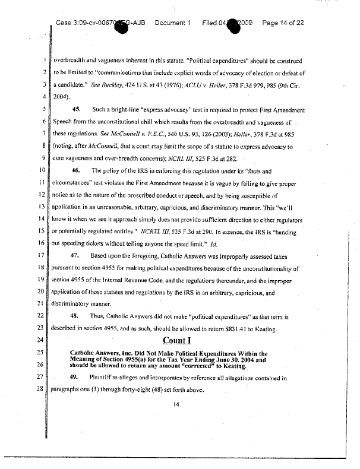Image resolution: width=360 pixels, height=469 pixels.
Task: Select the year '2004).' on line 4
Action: point(64,97)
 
